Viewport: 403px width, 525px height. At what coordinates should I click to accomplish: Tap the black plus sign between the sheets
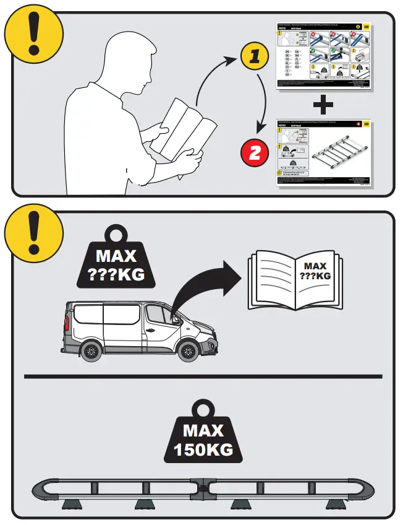[322, 106]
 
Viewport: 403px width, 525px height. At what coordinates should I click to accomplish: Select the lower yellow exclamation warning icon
[33, 233]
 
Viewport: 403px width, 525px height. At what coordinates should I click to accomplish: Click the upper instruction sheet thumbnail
[321, 56]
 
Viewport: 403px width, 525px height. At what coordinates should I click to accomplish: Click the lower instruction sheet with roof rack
[321, 155]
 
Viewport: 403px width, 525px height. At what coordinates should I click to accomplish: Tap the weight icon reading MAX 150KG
[202, 433]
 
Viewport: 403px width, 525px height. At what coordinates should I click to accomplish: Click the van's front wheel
[187, 352]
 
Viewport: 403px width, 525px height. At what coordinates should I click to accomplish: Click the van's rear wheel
[90, 352]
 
